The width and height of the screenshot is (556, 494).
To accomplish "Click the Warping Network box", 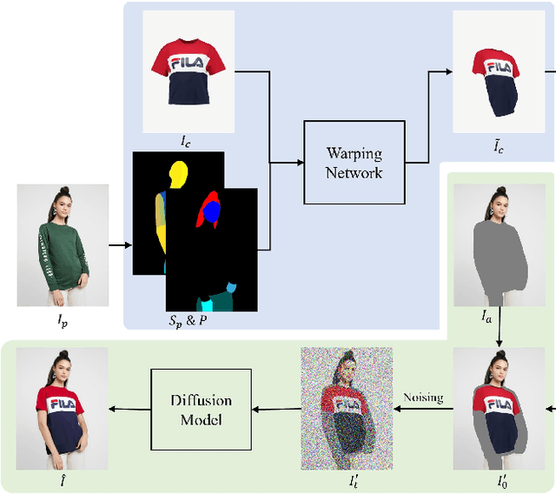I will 354,163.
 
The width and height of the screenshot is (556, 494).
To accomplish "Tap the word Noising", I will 423,397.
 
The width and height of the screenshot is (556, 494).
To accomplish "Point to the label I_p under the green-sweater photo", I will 62,321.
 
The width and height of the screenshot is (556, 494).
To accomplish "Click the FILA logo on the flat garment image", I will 188,63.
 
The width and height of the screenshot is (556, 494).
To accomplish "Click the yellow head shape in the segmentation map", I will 179,177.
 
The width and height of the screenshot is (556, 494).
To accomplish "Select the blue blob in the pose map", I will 212,210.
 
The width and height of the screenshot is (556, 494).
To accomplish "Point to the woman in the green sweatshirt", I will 63,244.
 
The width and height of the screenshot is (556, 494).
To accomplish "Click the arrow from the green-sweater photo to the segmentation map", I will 121,244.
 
